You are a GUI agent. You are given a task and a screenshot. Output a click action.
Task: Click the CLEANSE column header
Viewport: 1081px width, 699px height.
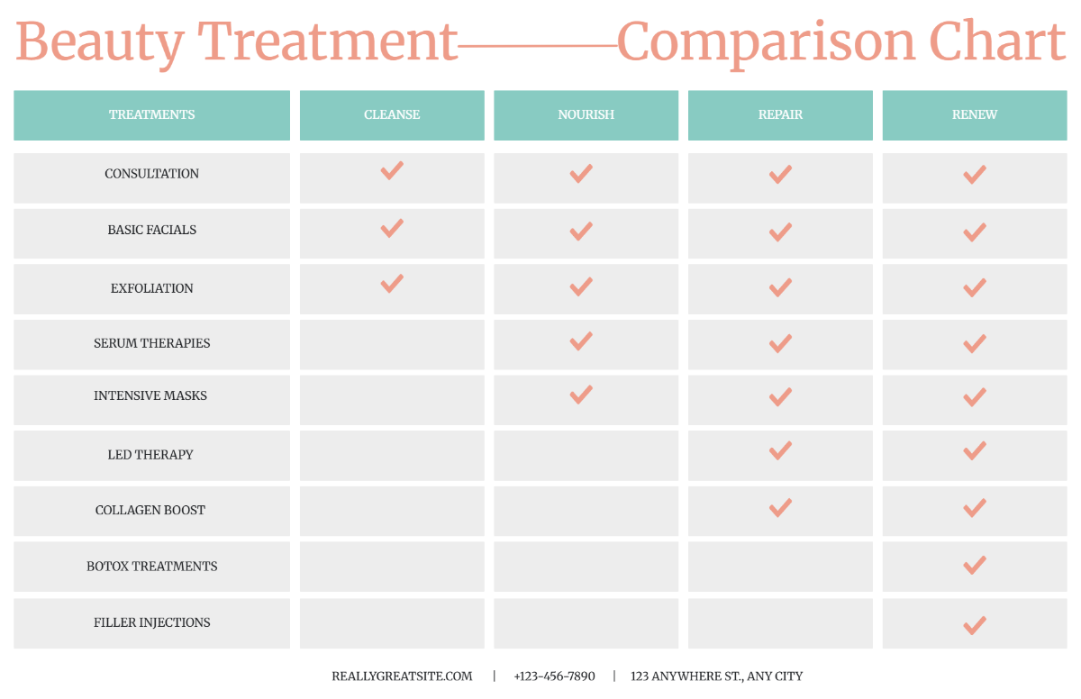392,114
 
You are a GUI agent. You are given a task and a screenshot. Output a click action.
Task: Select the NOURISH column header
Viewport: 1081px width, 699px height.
586,114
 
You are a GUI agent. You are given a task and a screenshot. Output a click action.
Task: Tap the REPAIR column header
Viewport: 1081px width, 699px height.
780,114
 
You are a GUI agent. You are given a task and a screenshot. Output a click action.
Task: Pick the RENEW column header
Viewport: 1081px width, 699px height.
975,114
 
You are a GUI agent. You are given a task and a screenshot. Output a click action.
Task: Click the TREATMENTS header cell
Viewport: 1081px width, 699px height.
151,114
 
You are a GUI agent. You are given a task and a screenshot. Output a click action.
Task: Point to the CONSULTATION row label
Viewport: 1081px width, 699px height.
151,174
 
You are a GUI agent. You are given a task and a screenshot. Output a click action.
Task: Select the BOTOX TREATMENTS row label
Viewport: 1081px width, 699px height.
151,567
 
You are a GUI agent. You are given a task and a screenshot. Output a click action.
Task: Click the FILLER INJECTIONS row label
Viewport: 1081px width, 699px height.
151,622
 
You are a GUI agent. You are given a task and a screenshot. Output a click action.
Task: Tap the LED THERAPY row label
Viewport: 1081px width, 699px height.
150,455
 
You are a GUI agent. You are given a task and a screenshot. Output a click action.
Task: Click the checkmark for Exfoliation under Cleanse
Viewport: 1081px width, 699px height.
392,284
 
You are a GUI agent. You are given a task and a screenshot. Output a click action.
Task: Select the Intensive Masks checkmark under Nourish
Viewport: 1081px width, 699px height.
581,395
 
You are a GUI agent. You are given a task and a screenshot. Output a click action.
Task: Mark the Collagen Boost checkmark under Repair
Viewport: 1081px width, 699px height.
780,508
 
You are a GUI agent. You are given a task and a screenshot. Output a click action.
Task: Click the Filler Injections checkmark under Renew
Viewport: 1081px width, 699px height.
974,625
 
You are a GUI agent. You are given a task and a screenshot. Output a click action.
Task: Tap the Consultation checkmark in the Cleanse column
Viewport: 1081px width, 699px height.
392,170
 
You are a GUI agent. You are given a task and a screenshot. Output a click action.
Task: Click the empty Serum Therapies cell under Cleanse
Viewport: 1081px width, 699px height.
392,344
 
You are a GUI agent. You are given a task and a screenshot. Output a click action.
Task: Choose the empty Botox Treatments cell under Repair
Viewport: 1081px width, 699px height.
780,567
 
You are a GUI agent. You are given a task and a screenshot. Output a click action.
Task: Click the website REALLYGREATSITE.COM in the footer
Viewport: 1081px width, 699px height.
402,676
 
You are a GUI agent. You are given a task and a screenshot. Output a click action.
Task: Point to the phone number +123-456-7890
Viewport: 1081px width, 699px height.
554,676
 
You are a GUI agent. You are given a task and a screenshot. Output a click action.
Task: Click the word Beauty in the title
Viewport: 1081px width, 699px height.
100,41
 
